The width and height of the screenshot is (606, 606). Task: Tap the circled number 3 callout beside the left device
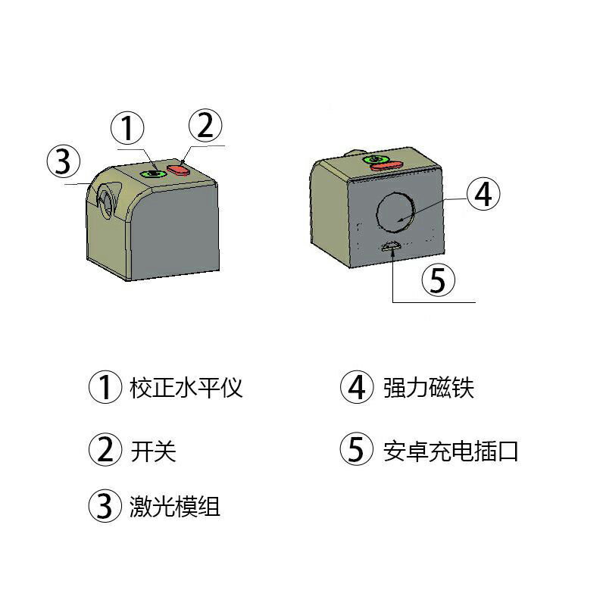point(63,161)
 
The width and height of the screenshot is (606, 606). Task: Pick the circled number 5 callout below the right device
point(438,280)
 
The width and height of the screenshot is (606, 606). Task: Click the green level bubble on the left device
point(155,173)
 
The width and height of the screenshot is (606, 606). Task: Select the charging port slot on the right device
point(392,245)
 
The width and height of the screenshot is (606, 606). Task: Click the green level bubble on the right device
point(374,159)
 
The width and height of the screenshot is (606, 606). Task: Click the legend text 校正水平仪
point(186,388)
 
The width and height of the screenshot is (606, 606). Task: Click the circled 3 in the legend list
point(105,506)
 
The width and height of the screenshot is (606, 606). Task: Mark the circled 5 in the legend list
point(355,451)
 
